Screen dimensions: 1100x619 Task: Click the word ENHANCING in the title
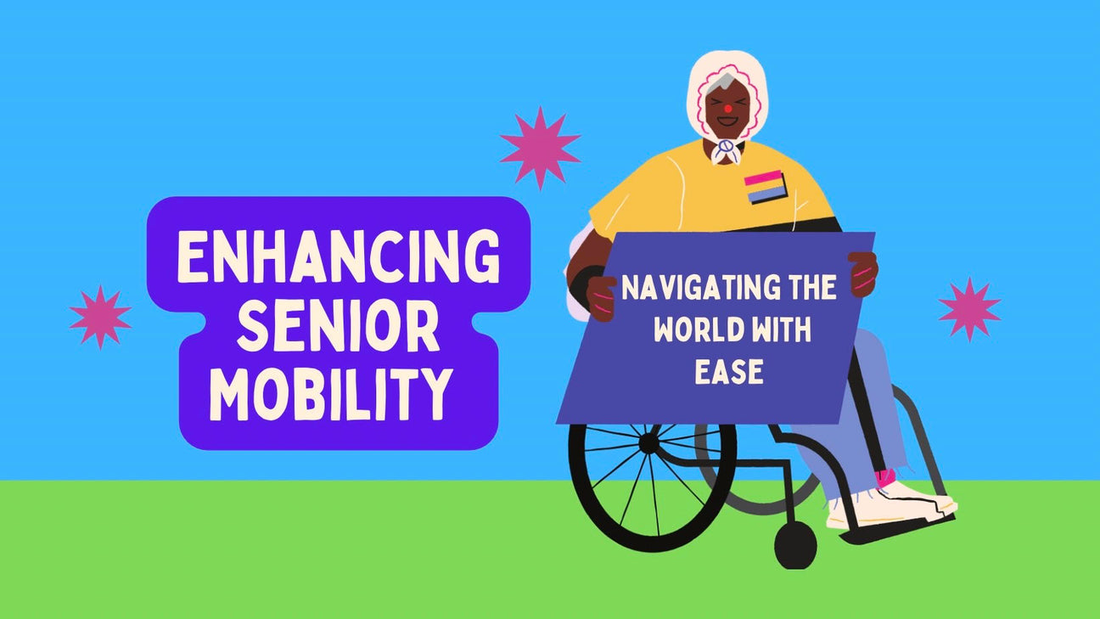click(339, 256)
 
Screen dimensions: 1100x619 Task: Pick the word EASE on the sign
click(729, 371)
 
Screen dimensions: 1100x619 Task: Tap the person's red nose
click(728, 108)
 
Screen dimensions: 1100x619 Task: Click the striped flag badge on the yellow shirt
click(766, 187)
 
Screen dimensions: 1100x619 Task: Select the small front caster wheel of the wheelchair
click(795, 545)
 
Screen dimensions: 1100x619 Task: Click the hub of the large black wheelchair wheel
click(648, 443)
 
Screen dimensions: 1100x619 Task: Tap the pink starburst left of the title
click(100, 317)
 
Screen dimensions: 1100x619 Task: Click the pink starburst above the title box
click(540, 148)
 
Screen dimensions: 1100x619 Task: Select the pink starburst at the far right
click(969, 309)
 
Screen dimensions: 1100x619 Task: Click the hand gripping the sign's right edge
click(863, 273)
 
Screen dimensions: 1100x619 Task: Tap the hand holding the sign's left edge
click(601, 298)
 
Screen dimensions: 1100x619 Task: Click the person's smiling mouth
click(727, 121)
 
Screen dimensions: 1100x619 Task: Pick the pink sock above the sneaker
click(885, 477)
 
